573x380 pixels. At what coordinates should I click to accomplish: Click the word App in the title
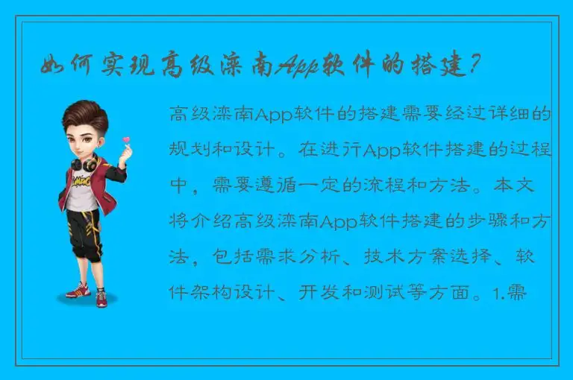298,68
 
